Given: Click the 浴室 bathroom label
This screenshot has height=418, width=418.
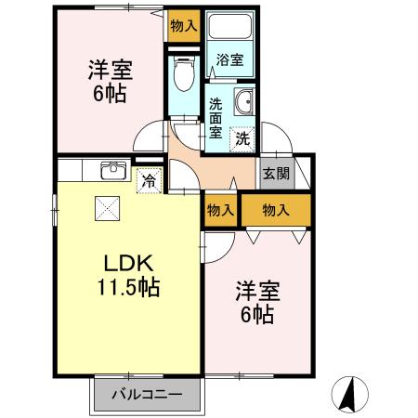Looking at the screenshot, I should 229,60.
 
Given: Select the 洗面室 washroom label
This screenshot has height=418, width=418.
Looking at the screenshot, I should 216,118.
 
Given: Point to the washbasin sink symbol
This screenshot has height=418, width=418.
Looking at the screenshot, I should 243,102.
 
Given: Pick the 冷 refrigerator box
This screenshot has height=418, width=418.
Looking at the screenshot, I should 148,181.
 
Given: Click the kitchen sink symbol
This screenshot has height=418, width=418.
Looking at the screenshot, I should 113,169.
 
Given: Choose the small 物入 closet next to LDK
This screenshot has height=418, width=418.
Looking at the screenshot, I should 220,211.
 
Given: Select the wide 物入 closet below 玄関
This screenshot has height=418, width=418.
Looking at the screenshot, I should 277,211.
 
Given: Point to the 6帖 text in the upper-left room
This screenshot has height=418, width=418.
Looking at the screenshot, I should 110,93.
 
